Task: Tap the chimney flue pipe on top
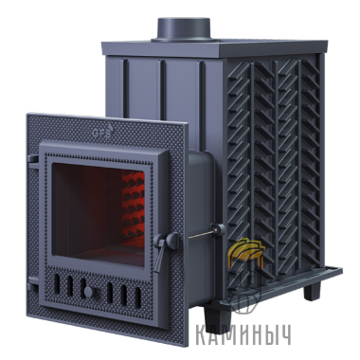point(184,29)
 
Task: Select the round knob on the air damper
point(89,292)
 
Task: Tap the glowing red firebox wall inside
point(133,205)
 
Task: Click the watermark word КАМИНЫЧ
point(243,335)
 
